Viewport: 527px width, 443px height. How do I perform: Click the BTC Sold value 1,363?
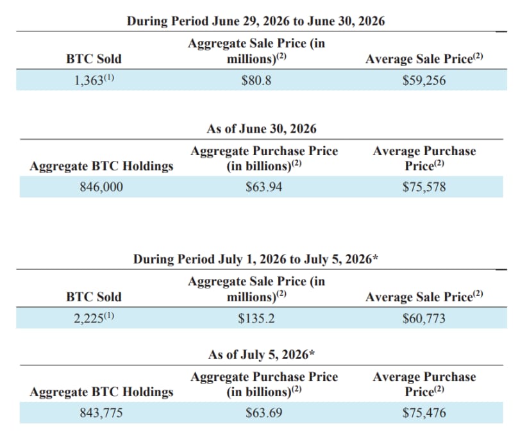pyautogui.click(x=88, y=81)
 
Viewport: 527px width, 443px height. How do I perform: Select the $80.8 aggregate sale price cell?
pyautogui.click(x=256, y=80)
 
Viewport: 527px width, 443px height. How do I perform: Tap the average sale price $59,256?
pyautogui.click(x=424, y=80)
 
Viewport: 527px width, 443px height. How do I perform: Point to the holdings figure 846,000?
pyautogui.click(x=101, y=187)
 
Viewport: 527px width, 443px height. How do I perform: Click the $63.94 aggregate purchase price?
pyautogui.click(x=264, y=187)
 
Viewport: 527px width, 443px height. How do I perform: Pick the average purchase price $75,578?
pyautogui.click(x=424, y=187)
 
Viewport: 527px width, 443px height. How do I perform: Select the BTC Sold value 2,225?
pyautogui.click(x=88, y=319)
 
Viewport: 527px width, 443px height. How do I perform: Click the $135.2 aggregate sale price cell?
pyautogui.click(x=256, y=318)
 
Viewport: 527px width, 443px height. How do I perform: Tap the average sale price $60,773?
pyautogui.click(x=424, y=318)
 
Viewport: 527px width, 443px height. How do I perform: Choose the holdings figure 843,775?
pyautogui.click(x=101, y=413)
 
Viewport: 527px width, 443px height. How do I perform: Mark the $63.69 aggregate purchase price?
pyautogui.click(x=264, y=413)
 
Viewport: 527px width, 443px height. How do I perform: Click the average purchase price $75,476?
pyautogui.click(x=424, y=413)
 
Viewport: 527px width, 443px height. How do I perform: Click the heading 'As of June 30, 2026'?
pyautogui.click(x=262, y=129)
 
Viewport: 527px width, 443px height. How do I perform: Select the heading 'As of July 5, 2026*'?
pyautogui.click(x=262, y=355)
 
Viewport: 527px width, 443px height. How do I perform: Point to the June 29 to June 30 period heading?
pyautogui.click(x=256, y=21)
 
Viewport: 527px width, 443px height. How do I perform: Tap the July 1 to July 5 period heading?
pyautogui.click(x=256, y=259)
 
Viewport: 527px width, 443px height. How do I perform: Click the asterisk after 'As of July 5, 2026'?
pyautogui.click(x=312, y=353)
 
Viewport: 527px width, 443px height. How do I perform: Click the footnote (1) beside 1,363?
pyautogui.click(x=109, y=78)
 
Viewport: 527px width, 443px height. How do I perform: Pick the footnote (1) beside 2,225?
pyautogui.click(x=109, y=316)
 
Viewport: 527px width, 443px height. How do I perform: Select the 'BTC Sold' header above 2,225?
pyautogui.click(x=94, y=297)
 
